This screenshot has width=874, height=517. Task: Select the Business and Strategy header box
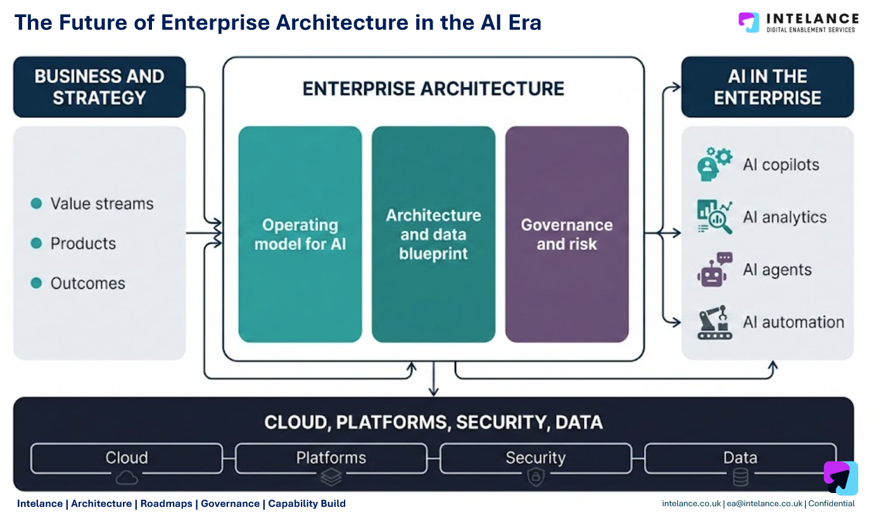pyautogui.click(x=99, y=87)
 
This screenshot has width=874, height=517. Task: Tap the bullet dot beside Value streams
pyautogui.click(x=37, y=203)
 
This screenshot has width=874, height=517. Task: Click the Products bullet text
pyautogui.click(x=83, y=244)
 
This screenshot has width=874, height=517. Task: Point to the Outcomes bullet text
pyautogui.click(x=87, y=283)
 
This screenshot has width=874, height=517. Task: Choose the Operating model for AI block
pyautogui.click(x=300, y=234)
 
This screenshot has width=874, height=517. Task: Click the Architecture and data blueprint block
pyautogui.click(x=433, y=234)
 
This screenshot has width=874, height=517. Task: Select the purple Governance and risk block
pyautogui.click(x=567, y=234)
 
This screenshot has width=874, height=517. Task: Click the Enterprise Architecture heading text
pyautogui.click(x=433, y=88)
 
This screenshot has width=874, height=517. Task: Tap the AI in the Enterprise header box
pyautogui.click(x=767, y=87)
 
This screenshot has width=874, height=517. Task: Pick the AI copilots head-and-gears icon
pyautogui.click(x=714, y=165)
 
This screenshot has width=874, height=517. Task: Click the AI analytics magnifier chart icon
pyautogui.click(x=714, y=217)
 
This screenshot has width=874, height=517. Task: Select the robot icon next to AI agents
pyautogui.click(x=714, y=270)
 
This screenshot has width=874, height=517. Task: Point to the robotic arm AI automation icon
pyautogui.click(x=714, y=322)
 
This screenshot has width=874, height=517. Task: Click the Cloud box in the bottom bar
pyautogui.click(x=127, y=458)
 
